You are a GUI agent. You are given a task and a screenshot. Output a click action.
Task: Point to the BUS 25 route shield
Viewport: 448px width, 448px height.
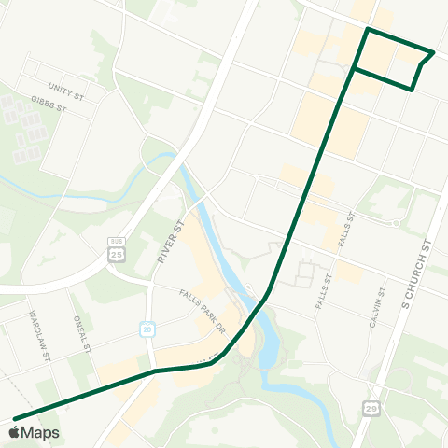116,249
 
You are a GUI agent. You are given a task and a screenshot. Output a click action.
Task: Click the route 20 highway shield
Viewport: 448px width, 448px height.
147,329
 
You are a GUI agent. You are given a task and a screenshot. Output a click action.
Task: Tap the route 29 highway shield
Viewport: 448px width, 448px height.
373,410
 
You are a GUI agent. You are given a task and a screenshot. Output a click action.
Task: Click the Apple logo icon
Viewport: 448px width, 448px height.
15,432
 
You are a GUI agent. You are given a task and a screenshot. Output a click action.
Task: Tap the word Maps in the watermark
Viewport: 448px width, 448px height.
41,432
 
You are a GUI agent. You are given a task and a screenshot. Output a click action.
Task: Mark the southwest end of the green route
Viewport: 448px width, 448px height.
15,418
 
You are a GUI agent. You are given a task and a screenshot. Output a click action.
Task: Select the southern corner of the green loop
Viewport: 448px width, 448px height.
412,90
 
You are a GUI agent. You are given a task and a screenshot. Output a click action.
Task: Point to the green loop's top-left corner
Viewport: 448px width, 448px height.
368,30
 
